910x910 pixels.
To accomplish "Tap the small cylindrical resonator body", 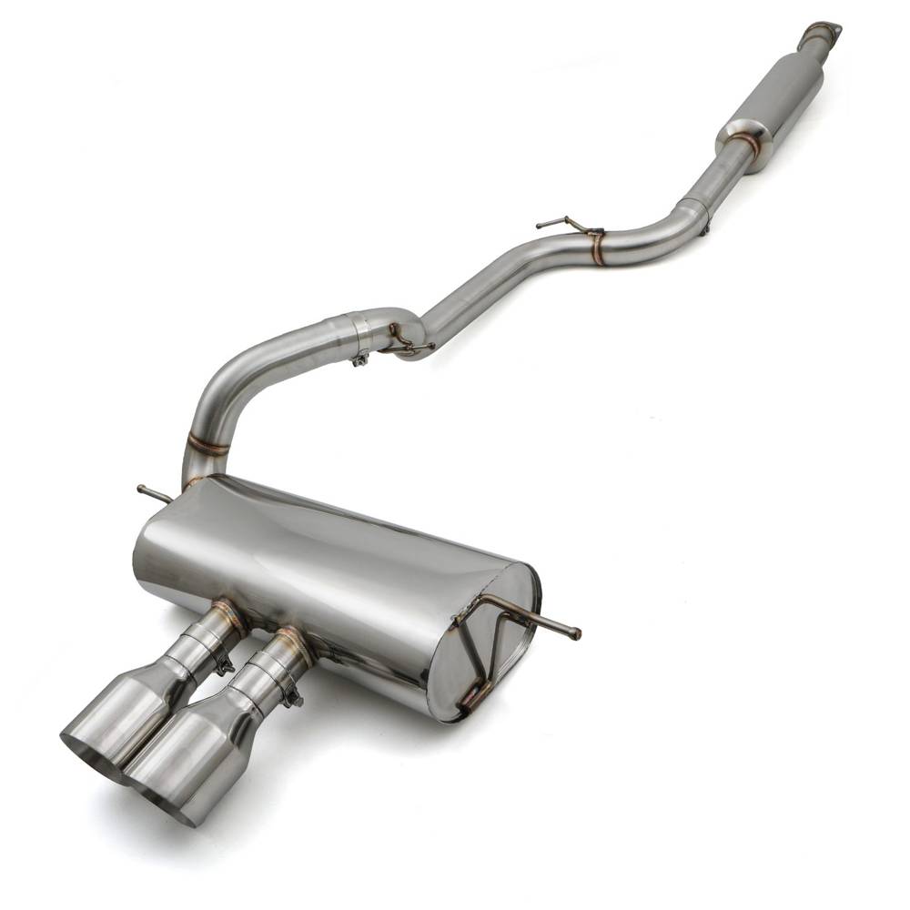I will [x=785, y=96].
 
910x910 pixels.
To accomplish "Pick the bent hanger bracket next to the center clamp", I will [x=403, y=342].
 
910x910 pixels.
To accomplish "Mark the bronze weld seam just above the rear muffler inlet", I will [x=207, y=446].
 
